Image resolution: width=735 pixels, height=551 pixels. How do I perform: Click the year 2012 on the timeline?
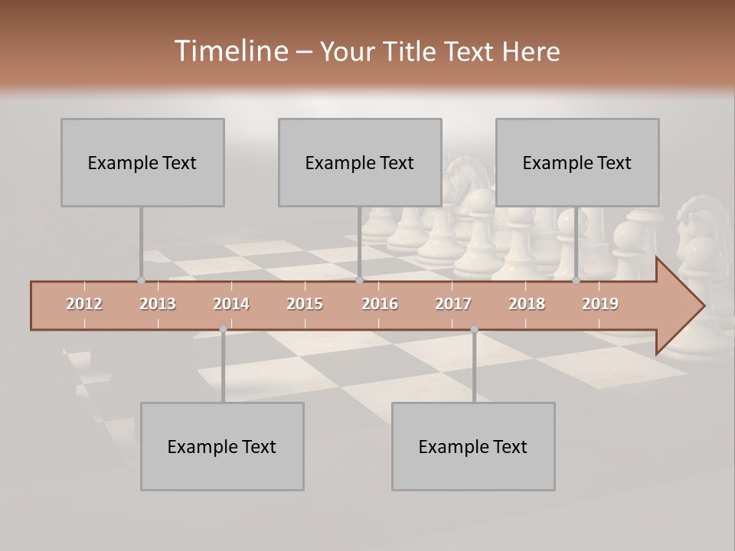point(84,304)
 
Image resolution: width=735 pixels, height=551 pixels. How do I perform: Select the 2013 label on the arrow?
point(158,304)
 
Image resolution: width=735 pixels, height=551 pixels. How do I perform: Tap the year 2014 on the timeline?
point(231,304)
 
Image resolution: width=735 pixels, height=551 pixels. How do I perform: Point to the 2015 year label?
point(305,304)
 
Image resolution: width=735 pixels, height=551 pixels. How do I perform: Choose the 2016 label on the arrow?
point(380,304)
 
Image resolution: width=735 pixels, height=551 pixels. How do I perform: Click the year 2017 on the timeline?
point(453,304)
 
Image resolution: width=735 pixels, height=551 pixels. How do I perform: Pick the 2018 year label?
point(527,304)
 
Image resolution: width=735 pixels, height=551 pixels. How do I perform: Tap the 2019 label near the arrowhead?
point(600,304)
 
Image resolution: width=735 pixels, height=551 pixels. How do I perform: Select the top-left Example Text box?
point(142,162)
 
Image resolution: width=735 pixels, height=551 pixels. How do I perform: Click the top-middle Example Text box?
point(360,162)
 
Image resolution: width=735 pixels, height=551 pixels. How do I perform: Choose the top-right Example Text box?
point(577,162)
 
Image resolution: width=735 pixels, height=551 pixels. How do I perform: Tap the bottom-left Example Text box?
point(222,446)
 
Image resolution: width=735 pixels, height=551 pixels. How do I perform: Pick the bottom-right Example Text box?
point(473,446)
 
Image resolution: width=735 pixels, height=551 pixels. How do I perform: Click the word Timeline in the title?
point(230,51)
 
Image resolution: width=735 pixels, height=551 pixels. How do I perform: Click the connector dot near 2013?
point(141,281)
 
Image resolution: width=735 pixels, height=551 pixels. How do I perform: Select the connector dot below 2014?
point(223,329)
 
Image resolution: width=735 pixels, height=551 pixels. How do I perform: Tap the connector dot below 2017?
point(474,329)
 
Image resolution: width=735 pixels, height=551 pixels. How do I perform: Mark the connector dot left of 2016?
point(359,281)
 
